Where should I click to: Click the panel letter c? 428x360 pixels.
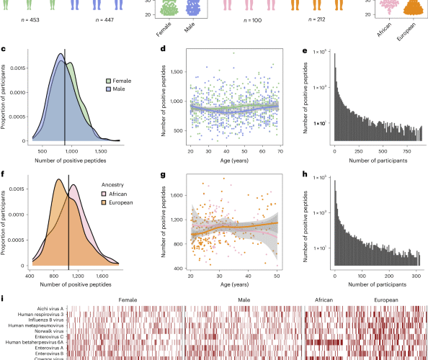tap(5, 49)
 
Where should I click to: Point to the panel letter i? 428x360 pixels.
tap(4, 298)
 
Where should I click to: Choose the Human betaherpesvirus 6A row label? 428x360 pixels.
tap(38, 341)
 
